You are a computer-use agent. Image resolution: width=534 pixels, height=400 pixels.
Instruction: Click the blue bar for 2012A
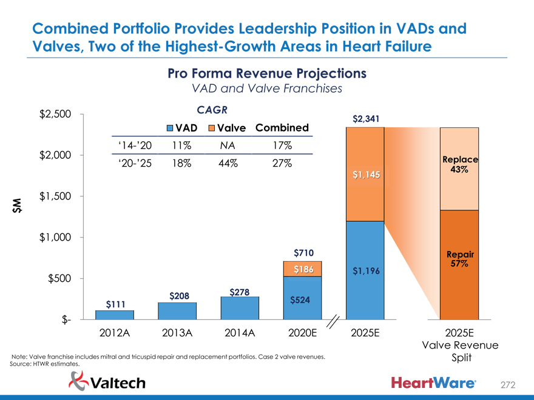click(115, 315)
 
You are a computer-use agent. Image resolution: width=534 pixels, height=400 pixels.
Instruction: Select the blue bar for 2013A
click(177, 310)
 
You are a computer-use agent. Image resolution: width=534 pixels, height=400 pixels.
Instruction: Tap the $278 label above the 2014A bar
click(240, 292)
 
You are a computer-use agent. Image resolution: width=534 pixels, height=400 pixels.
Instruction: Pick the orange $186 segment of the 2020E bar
click(303, 269)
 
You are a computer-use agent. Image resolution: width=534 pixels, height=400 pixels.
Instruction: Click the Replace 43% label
click(459, 164)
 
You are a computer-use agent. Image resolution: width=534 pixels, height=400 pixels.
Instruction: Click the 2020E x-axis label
click(303, 333)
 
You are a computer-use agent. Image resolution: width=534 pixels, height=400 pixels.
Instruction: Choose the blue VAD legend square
click(171, 128)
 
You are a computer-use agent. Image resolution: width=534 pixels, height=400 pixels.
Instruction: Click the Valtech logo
click(108, 381)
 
